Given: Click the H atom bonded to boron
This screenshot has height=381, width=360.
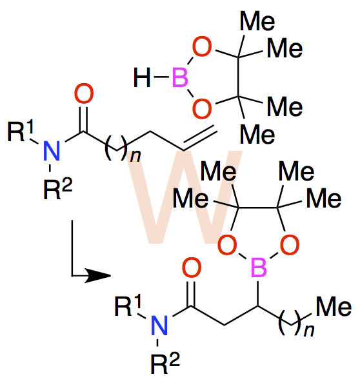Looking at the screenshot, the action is (142, 77).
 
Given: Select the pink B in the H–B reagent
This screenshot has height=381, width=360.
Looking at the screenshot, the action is (180, 77).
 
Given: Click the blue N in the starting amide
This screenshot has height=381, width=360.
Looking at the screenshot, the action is (52, 151).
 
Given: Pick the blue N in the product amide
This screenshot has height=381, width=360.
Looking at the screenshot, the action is (159, 326).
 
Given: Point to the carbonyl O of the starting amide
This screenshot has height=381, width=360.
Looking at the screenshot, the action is (84, 93).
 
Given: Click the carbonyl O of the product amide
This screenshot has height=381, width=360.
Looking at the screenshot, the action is (192, 268).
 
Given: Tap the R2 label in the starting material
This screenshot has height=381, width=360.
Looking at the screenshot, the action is (58, 188).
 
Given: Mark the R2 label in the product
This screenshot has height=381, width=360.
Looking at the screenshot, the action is (165, 363).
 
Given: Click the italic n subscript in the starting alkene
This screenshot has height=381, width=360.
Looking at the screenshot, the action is (135, 156).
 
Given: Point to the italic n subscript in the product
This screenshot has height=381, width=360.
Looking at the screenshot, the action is (309, 331).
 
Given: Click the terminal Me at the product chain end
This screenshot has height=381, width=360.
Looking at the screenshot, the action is (334, 306).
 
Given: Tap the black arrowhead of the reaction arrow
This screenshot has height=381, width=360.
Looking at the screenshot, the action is (98, 275).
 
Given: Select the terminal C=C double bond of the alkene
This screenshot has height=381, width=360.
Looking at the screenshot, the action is (199, 138).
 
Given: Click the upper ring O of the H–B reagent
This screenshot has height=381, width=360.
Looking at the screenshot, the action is (202, 46).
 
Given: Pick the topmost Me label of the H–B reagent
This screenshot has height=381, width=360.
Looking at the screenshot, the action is (257, 21).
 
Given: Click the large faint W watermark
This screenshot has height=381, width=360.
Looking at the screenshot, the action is (186, 197).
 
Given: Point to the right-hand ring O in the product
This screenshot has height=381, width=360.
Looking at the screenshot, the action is (290, 245).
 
